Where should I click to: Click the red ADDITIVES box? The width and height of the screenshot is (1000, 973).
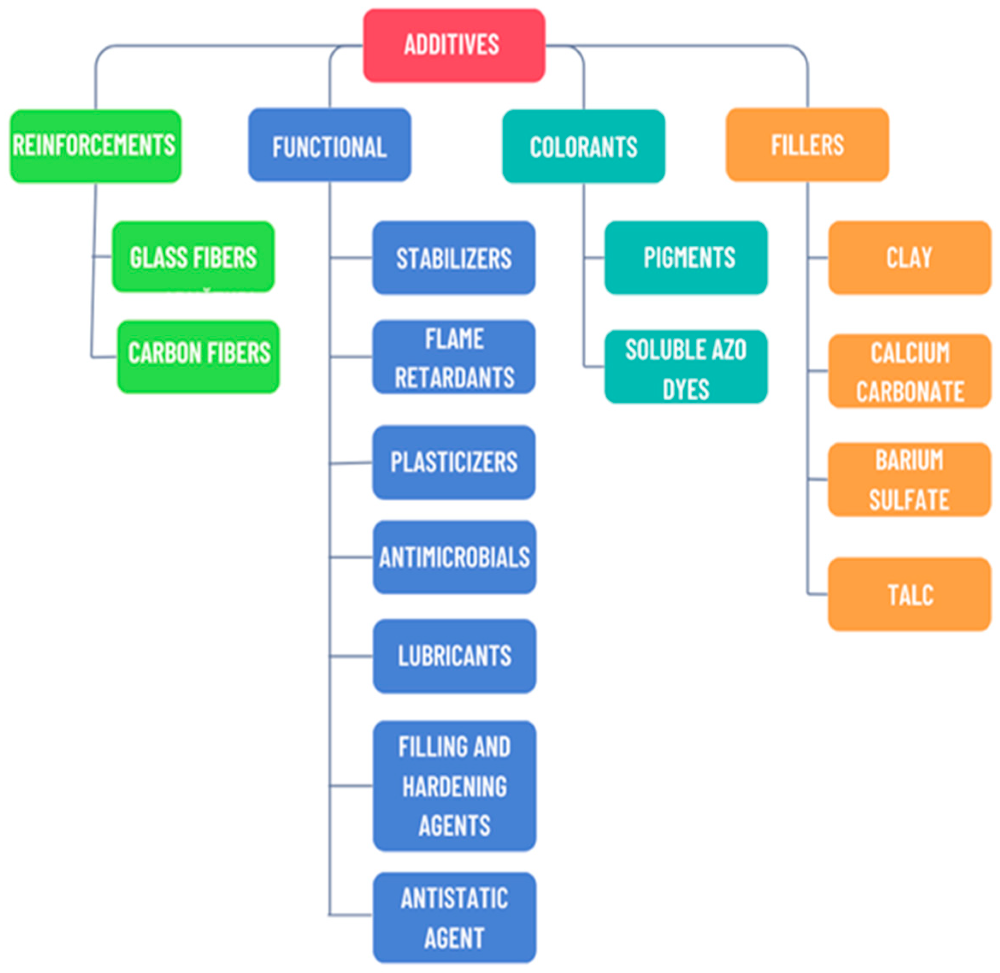pos(454,45)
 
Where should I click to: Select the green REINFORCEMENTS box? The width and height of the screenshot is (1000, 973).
pos(95,146)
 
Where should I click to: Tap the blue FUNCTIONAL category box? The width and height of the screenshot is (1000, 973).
pos(330,145)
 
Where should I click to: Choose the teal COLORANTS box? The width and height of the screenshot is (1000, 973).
pos(584,146)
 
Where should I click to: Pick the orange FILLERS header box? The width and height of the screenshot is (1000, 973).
pos(807,145)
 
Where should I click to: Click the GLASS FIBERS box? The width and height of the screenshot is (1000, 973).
pos(193,257)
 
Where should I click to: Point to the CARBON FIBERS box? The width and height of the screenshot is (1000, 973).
pos(198,357)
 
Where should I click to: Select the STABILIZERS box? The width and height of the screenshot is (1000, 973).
pos(454,257)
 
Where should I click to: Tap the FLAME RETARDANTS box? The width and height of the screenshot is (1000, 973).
pos(454,357)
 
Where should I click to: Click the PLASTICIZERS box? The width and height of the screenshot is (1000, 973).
pos(454,462)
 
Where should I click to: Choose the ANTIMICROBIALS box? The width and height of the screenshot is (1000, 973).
pos(455,557)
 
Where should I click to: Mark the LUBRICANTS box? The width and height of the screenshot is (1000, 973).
pos(455,656)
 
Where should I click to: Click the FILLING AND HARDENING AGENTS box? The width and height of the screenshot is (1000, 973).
pos(455,786)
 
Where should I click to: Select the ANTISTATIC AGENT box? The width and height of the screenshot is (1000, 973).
pos(455,917)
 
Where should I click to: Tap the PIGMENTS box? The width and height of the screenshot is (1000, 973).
pos(686,257)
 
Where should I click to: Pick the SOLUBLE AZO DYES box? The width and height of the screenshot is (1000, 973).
pos(686,367)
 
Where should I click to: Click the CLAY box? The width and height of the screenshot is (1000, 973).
pos(909,257)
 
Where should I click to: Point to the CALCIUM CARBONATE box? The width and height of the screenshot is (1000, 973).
pos(909,370)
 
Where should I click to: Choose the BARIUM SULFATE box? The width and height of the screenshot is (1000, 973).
pos(909,479)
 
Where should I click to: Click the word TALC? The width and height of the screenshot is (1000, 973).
pos(911,595)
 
